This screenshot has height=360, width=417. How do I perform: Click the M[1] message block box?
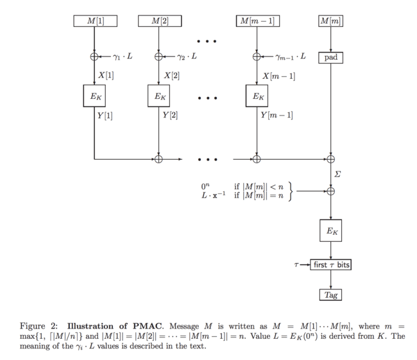pos(94,21)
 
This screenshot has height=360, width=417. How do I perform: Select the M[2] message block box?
pos(158,21)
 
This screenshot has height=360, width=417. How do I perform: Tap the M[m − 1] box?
pos(257,21)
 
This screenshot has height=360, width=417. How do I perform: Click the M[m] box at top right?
pos(330,21)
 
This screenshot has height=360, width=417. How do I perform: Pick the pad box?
pos(330,57)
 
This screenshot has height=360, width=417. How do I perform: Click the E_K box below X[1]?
pos(94,97)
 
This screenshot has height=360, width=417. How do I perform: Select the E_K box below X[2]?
pos(158,97)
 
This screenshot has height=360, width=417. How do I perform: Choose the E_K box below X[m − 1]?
pos(257,97)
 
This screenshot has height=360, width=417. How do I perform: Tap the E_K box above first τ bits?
pos(330,231)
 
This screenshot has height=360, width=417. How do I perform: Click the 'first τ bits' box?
pos(330,264)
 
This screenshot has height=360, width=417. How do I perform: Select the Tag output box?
pos(330,295)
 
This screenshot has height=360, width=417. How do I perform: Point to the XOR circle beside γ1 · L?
pos(94,56)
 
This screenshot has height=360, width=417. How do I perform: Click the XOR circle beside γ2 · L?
pos(158,56)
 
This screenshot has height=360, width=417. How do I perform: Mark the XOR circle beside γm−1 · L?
pos(257,56)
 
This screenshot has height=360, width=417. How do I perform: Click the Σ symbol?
pos(338,174)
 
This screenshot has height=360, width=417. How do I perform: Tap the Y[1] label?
pos(105,116)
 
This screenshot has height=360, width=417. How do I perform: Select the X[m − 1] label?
pos(278,76)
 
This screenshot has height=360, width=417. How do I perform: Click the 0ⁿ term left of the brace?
pos(205,187)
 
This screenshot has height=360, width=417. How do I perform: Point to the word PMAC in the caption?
pos(135,325)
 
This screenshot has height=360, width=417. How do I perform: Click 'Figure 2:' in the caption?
pos(38,325)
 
